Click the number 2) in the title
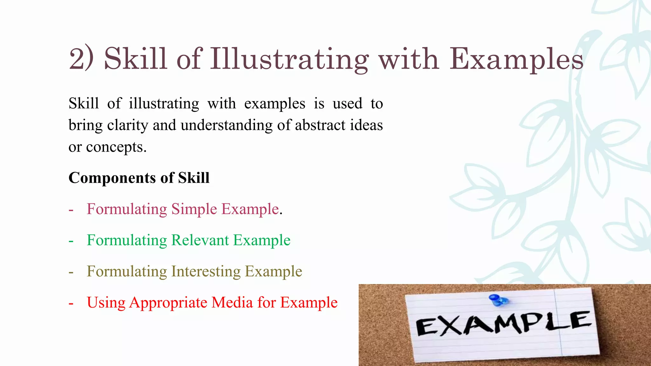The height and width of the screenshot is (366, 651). point(81,58)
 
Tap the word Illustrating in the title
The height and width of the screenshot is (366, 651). point(289,59)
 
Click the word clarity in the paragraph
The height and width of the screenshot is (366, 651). point(127,125)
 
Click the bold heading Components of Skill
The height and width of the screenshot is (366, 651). point(139,178)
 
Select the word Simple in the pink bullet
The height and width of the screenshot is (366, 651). point(194,209)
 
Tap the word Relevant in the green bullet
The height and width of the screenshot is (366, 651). point(200,240)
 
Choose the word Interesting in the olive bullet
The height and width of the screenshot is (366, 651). point(206,271)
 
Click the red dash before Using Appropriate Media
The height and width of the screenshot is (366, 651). point(71,303)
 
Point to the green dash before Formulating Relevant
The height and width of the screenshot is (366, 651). point(71,241)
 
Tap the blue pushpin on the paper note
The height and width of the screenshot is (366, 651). point(498,300)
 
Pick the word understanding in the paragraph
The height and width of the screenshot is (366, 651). point(226,125)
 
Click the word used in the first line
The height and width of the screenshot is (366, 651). point(347,104)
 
